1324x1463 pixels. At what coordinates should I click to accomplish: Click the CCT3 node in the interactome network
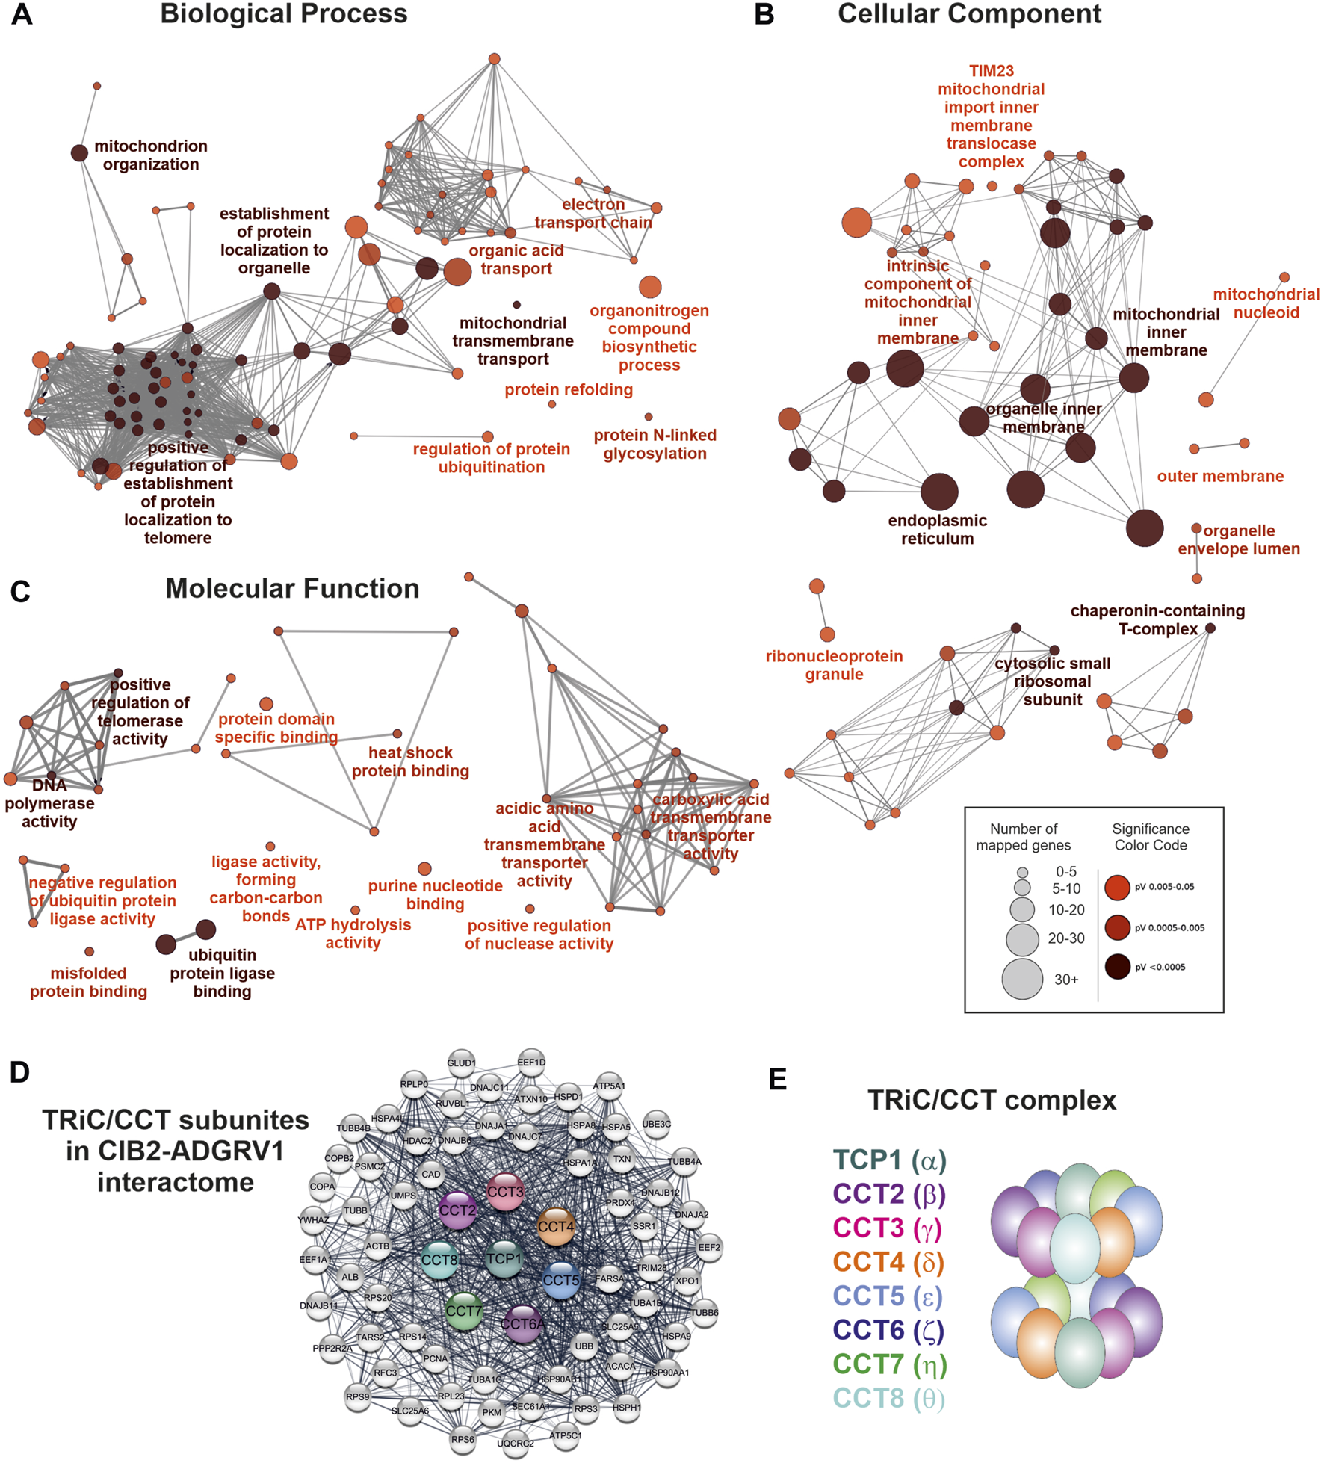[505, 1192]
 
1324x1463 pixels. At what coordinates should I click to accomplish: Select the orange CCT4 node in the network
[556, 1227]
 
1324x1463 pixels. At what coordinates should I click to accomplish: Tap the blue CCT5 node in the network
[561, 1280]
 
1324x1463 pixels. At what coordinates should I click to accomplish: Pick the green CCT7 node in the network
[464, 1311]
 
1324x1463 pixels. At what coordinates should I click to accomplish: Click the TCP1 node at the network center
[504, 1259]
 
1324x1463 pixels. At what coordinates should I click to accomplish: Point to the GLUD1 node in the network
[461, 1063]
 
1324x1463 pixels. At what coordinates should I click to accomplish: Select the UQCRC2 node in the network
[516, 1443]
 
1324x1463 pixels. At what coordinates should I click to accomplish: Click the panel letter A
[22, 15]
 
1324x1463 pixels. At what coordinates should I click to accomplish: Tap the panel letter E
[777, 1080]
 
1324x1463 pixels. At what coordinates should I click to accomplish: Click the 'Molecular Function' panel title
[292, 589]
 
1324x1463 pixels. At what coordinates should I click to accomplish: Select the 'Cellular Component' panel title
[969, 14]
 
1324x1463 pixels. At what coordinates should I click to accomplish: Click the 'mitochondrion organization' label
[151, 155]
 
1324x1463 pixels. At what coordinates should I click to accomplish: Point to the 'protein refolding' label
[569, 389]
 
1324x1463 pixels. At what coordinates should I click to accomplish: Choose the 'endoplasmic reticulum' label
[937, 530]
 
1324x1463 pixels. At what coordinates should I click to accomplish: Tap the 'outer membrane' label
[1220, 476]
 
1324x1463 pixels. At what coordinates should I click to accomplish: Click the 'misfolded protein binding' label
[88, 982]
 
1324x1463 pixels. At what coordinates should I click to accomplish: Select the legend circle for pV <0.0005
[1117, 967]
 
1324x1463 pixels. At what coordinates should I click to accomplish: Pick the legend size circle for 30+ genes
[1022, 979]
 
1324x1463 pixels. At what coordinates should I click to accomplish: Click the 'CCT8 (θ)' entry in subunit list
[889, 1398]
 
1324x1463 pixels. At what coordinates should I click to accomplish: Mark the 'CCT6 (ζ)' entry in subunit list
[888, 1330]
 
